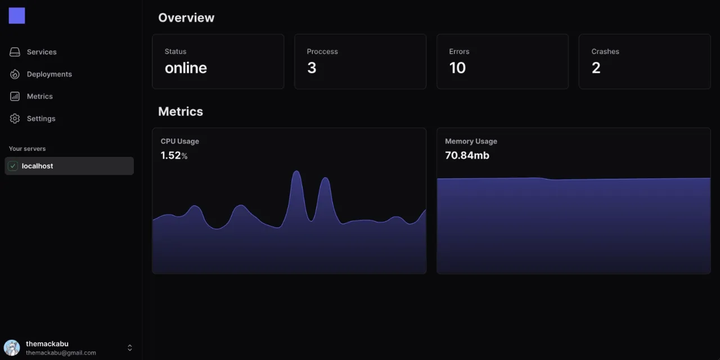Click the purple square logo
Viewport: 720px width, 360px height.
coord(17,16)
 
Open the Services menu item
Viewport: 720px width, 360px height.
coord(42,52)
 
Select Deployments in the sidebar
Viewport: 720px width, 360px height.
coord(49,74)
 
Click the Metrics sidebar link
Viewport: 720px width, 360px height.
coord(39,96)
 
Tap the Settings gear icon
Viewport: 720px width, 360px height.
coord(15,119)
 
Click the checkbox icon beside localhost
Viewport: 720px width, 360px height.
coord(13,166)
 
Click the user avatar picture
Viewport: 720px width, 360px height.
coord(12,348)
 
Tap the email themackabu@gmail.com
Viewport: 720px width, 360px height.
coord(61,353)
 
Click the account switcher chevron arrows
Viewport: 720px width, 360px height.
coord(129,348)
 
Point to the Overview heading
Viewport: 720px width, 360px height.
coord(186,17)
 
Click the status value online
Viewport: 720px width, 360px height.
coord(186,68)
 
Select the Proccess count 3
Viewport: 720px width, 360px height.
coord(312,68)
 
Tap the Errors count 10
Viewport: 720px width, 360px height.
coord(457,68)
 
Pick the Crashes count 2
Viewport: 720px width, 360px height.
coord(596,68)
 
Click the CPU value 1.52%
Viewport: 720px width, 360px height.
coord(174,155)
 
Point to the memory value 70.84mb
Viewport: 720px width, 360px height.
coord(467,155)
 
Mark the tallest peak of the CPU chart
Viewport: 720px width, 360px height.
coord(296,172)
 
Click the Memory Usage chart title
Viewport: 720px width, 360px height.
coord(471,141)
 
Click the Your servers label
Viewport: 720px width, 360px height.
coord(27,148)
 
